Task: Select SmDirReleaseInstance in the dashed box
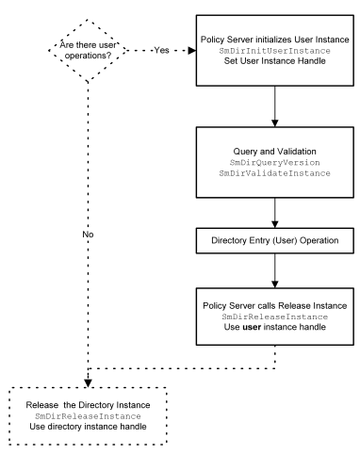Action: [x=89, y=414]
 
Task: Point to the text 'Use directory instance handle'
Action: [x=89, y=426]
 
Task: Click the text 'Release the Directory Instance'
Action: [x=89, y=403]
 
